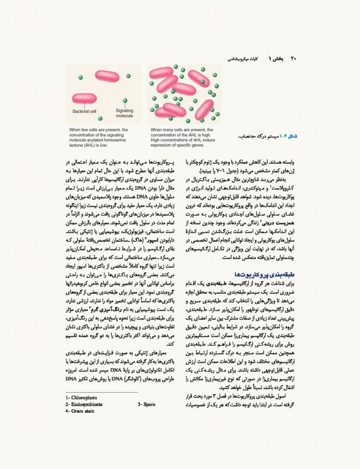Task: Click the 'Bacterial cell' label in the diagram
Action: coord(84,112)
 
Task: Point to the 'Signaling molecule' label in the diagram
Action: coord(124,113)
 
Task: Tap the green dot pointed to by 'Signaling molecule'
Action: coord(125,101)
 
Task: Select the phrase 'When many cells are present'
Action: coord(177,130)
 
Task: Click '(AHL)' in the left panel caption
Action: coord(88,145)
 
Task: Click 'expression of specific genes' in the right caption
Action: coord(176,145)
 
